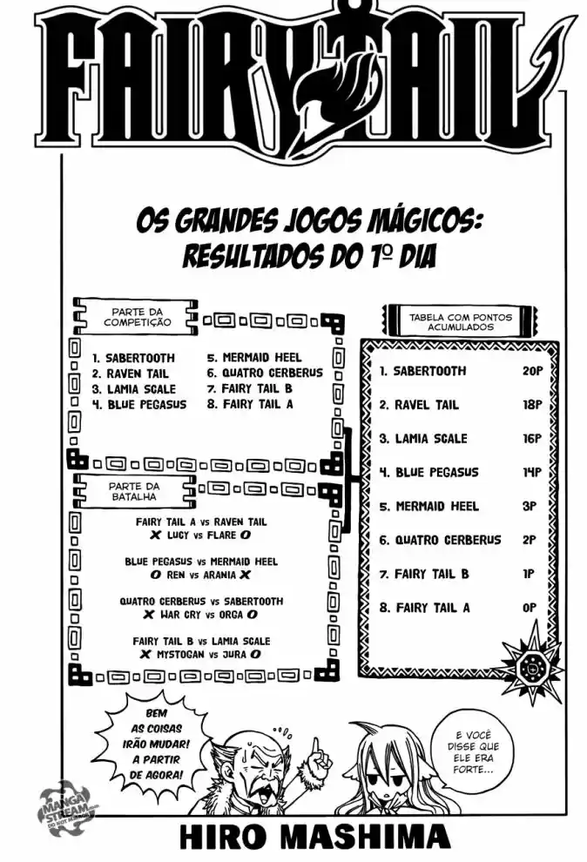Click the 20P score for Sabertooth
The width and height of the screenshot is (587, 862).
pos(532,371)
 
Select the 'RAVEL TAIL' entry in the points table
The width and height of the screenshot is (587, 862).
pos(419,405)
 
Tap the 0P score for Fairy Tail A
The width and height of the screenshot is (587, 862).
pos(530,608)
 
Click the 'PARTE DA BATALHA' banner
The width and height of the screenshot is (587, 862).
pos(135,491)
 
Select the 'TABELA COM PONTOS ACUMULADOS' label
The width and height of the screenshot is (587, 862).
pos(460,321)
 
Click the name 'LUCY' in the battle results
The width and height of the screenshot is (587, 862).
pos(178,535)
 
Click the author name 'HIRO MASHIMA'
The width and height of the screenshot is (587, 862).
pos(315,838)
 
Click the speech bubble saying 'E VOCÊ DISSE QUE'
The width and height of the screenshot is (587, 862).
pos(473,751)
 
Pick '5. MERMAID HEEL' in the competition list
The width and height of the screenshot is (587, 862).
pos(254,357)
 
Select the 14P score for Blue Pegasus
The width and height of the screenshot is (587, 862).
pos(531,472)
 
